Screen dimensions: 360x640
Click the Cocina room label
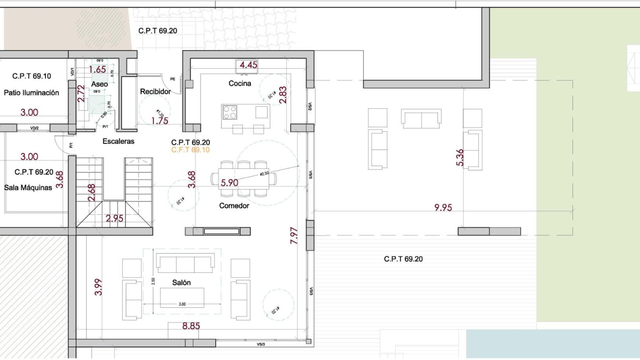click(x=240, y=83)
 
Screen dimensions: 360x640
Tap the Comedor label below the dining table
click(x=234, y=206)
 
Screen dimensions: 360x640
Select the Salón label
click(x=181, y=283)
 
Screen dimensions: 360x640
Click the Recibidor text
click(x=155, y=91)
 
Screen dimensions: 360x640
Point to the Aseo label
click(x=99, y=84)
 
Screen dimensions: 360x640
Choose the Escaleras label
click(x=118, y=141)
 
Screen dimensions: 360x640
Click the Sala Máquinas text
click(x=28, y=188)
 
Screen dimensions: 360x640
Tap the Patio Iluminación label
click(x=31, y=93)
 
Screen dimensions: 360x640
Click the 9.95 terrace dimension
click(x=443, y=207)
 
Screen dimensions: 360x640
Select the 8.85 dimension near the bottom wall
click(x=191, y=326)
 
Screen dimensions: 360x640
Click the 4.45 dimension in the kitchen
click(x=248, y=65)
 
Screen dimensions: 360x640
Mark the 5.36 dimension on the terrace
click(x=460, y=157)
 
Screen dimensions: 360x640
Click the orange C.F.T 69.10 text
click(x=190, y=150)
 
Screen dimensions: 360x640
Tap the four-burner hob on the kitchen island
click(x=230, y=112)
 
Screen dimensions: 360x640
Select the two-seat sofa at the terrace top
click(x=421, y=118)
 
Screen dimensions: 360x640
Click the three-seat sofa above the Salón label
click(x=185, y=263)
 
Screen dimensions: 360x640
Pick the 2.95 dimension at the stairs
click(x=114, y=218)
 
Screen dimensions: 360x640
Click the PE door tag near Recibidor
click(x=173, y=79)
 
